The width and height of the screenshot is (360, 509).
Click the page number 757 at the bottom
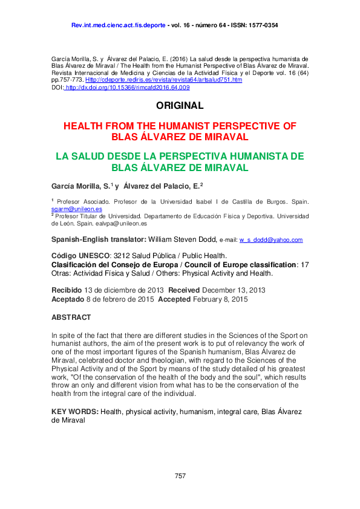[180, 476]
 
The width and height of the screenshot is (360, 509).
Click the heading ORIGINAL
[180, 106]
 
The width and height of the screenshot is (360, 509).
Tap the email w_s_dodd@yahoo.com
[270, 240]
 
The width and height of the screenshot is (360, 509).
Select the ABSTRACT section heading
[71, 317]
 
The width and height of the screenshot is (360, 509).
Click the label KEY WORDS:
[75, 412]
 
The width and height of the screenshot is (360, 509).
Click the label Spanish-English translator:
[99, 239]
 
